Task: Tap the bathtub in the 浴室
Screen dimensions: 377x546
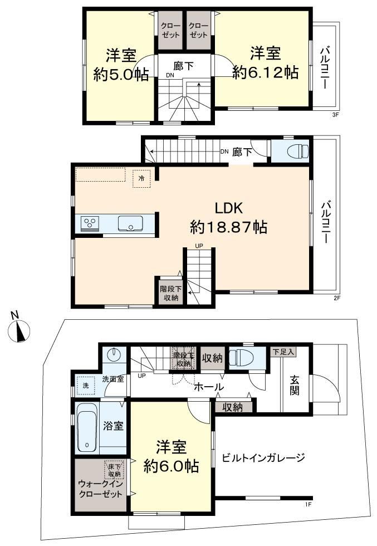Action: pyautogui.click(x=86, y=427)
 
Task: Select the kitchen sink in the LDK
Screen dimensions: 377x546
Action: pyautogui.click(x=130, y=223)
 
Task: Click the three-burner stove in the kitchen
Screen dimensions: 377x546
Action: pyautogui.click(x=90, y=223)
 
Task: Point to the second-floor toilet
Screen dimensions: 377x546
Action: pyautogui.click(x=298, y=151)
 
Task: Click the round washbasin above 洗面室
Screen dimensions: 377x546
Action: pyautogui.click(x=114, y=354)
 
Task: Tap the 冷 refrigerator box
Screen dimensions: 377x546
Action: pyautogui.click(x=141, y=179)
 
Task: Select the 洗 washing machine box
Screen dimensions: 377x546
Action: pyautogui.click(x=86, y=386)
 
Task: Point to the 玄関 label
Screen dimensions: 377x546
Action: pyautogui.click(x=295, y=386)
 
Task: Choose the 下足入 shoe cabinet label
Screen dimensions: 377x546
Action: pyautogui.click(x=283, y=352)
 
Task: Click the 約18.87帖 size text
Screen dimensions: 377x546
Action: pyautogui.click(x=229, y=227)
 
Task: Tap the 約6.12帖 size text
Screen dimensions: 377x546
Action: pyautogui.click(x=265, y=73)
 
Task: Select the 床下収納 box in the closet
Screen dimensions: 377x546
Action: pyautogui.click(x=114, y=470)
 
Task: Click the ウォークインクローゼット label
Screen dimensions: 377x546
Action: pyautogui.click(x=101, y=489)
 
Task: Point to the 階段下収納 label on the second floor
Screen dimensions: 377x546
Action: pyautogui.click(x=170, y=293)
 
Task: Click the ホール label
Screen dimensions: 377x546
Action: pyautogui.click(x=208, y=387)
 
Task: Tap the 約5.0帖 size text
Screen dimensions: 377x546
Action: pyautogui.click(x=121, y=74)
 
